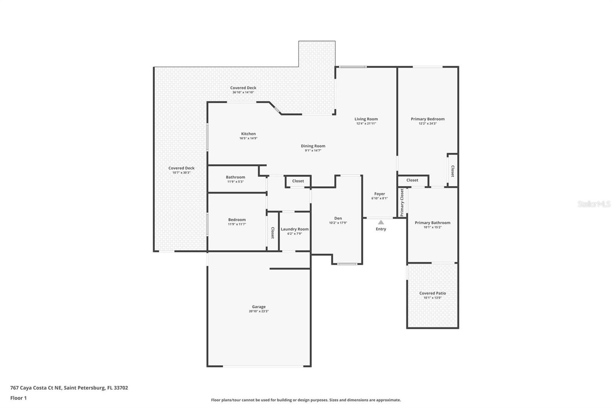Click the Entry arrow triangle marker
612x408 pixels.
pyautogui.click(x=381, y=222)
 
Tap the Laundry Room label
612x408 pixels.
pyautogui.click(x=295, y=229)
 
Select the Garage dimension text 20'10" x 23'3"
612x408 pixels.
pyautogui.click(x=259, y=312)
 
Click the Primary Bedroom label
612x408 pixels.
pyautogui.click(x=428, y=119)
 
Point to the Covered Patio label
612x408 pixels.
pyautogui.click(x=432, y=293)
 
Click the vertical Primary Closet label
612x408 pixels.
pyautogui.click(x=402, y=202)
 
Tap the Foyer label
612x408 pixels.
pyautogui.click(x=379, y=194)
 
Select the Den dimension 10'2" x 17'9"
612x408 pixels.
pyautogui.click(x=338, y=223)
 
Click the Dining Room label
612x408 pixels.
pyautogui.click(x=313, y=146)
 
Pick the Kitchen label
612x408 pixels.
pyautogui.click(x=248, y=134)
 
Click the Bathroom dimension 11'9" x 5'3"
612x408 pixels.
pyautogui.click(x=235, y=182)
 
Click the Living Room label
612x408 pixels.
pyautogui.click(x=366, y=119)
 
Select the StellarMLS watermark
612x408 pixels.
pyautogui.click(x=594, y=204)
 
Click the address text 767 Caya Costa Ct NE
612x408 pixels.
pyautogui.click(x=36, y=388)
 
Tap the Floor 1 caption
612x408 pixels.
pyautogui.click(x=18, y=398)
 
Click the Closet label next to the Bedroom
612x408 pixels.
pyautogui.click(x=272, y=233)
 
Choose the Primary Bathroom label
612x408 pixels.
pyautogui.click(x=432, y=223)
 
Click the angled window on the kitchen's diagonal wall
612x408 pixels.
pyautogui.click(x=277, y=110)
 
